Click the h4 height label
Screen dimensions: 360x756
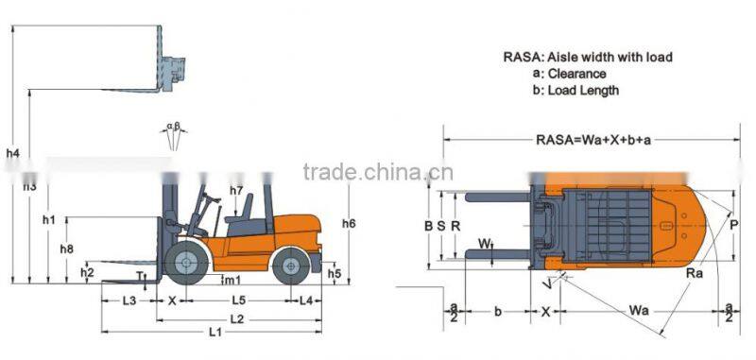12,153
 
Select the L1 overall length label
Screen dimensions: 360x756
215,332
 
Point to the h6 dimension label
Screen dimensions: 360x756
349,224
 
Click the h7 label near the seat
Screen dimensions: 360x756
237,191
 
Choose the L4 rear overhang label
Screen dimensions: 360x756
306,300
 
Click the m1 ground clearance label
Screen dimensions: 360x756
231,280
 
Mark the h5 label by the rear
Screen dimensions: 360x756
335,274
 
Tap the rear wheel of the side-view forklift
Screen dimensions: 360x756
290,266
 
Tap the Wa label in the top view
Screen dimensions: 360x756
639,310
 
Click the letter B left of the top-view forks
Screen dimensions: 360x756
429,226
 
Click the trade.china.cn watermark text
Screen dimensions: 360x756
378,172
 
